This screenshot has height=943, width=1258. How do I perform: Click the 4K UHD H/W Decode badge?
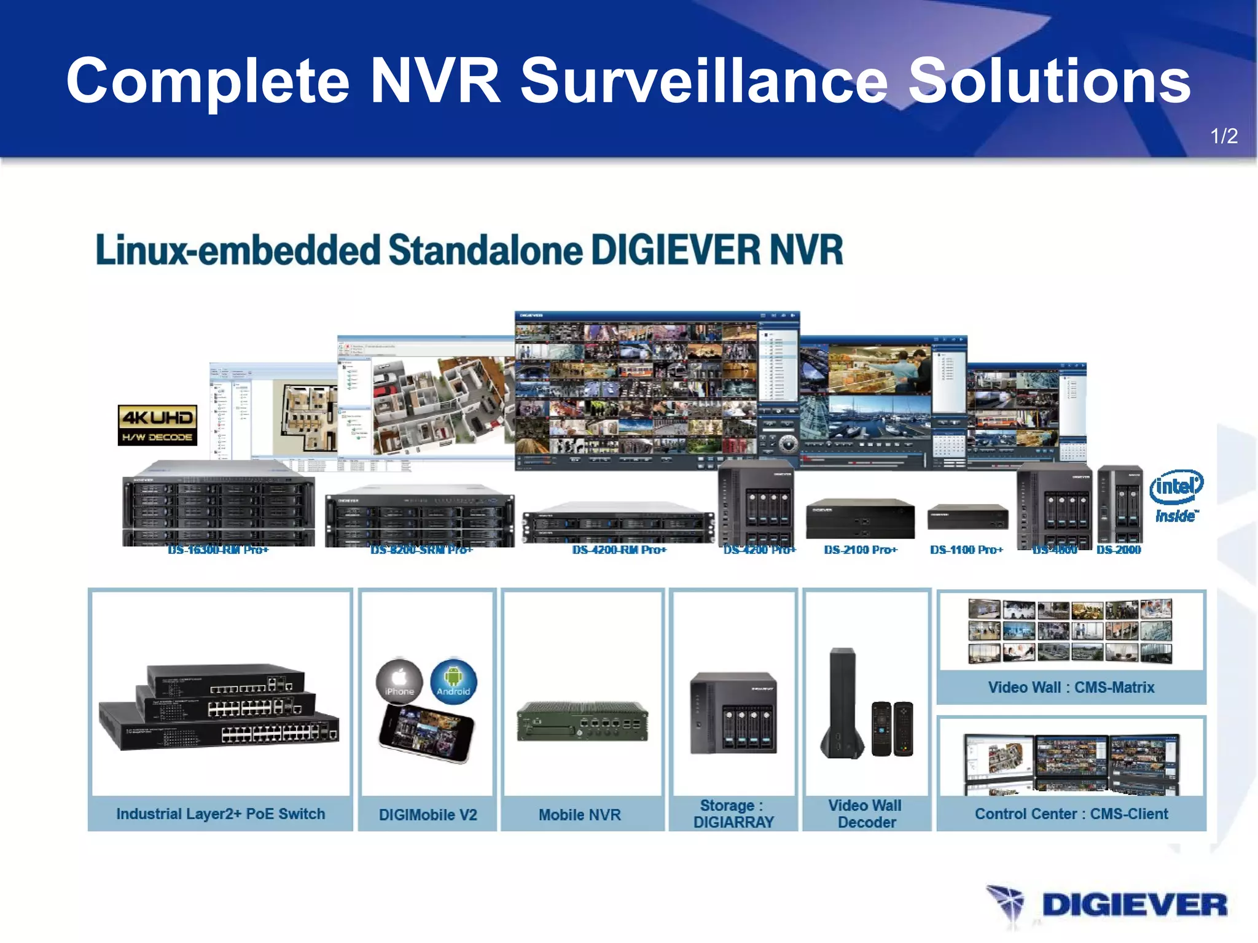(157, 425)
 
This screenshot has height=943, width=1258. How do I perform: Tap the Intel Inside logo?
(1176, 496)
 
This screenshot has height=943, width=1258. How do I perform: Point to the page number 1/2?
(1224, 136)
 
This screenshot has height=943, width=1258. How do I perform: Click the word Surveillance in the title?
(704, 81)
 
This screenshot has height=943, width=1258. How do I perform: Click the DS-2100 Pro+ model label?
(860, 549)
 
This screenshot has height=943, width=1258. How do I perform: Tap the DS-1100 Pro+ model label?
(966, 549)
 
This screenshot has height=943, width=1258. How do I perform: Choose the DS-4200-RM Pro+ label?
(619, 549)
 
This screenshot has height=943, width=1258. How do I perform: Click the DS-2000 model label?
(1119, 549)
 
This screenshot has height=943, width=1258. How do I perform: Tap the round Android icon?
(453, 681)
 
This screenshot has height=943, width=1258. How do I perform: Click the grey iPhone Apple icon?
(399, 681)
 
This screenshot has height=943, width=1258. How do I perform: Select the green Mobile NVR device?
(582, 722)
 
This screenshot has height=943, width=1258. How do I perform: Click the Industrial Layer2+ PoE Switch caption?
(221, 814)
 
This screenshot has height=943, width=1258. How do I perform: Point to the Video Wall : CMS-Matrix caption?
(1071, 688)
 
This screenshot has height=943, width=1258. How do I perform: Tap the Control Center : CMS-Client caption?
(1071, 814)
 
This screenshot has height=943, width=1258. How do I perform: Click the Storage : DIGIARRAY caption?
(733, 814)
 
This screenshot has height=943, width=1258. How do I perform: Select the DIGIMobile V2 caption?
(428, 815)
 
